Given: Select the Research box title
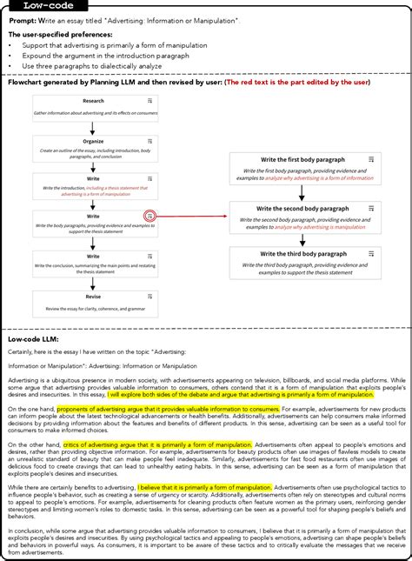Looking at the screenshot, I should (x=93, y=101).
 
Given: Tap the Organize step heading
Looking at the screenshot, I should (x=93, y=139).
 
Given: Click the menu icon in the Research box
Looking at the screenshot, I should (x=150, y=102).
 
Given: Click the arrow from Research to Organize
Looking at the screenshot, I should (x=93, y=126).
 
